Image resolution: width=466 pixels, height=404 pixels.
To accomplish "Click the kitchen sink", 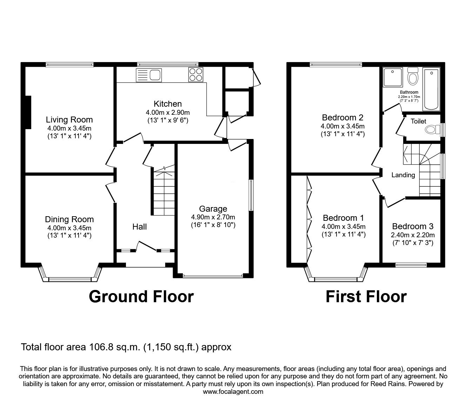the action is (x=148, y=75).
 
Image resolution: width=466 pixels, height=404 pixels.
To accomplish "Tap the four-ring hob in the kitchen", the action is (x=196, y=75).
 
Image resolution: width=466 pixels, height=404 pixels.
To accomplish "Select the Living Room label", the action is (x=69, y=120).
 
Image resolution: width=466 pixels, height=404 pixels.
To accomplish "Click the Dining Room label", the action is (x=69, y=219).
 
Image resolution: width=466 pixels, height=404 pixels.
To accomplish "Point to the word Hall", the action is (x=140, y=227).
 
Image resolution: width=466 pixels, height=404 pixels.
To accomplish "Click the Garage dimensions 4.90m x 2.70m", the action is (x=213, y=217).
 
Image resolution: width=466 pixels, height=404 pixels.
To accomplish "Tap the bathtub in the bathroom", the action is (x=431, y=89).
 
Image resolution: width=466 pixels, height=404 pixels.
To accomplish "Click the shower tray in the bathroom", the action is (x=393, y=77).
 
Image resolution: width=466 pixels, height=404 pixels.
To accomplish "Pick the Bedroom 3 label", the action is (x=413, y=226).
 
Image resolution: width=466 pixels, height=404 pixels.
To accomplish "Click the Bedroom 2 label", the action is (x=343, y=118).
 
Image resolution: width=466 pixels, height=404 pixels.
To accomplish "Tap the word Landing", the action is (x=403, y=175).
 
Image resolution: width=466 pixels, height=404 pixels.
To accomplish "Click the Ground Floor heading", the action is (x=141, y=297).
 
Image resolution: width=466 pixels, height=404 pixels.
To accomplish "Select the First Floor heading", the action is (x=366, y=297).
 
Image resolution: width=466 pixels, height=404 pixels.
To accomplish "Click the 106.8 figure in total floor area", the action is (x=99, y=347).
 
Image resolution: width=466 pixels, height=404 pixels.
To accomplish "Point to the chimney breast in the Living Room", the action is (x=28, y=112).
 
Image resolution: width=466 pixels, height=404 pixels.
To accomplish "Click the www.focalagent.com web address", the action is (x=233, y=392).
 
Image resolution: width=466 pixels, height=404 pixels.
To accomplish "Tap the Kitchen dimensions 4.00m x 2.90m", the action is (x=168, y=112).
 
